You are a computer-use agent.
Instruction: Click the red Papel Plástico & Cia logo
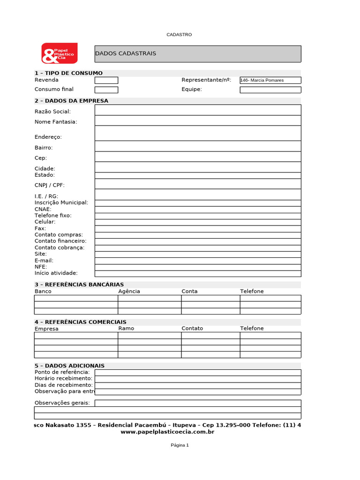pos(59,53)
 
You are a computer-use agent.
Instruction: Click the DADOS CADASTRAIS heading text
pos(126,53)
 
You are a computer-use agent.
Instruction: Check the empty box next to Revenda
pos(106,80)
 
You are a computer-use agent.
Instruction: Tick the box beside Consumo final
pos(106,90)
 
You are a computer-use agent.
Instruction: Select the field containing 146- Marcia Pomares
pos(270,80)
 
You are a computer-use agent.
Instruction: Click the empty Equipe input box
pos(270,90)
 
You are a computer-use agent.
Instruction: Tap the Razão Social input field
pos(197,110)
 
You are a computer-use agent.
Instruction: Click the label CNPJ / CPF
pos(50,185)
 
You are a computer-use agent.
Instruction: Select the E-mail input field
pos(197,261)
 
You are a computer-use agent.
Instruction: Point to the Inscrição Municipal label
pos(61,202)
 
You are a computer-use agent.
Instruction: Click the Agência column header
pos(129,291)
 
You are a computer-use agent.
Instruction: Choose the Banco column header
pos(43,291)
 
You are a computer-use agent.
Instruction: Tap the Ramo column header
pos(126,328)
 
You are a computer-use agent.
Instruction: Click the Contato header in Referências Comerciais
pos(192,328)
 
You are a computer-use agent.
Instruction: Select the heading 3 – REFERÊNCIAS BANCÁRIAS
pos(79,285)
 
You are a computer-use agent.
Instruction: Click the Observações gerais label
pos(62,403)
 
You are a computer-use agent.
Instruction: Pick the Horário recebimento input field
pos(197,379)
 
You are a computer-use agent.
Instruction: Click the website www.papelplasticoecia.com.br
pos(167,432)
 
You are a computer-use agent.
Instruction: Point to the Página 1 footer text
pos(180,445)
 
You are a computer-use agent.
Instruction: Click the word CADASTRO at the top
pos(180,35)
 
